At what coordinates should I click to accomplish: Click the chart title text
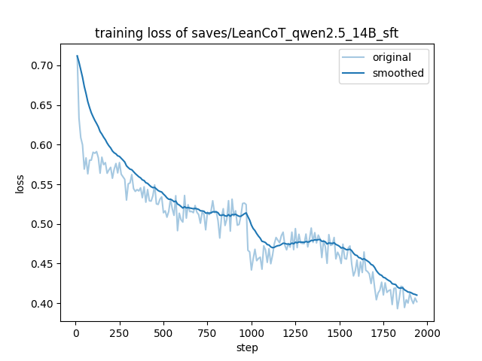(246, 33)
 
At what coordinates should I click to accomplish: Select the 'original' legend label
(392, 57)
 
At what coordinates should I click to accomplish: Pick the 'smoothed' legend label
(398, 73)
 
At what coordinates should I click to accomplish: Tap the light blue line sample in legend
(353, 57)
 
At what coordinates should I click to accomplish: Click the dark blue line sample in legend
(353, 73)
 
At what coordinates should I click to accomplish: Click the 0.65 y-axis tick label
(42, 105)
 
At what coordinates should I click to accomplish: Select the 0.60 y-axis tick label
(42, 145)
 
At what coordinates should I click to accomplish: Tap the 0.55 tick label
(42, 185)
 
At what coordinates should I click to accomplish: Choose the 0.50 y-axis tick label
(42, 224)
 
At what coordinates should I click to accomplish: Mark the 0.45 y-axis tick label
(42, 264)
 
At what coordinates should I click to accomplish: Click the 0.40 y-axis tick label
(42, 304)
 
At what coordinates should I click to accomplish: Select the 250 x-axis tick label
(120, 333)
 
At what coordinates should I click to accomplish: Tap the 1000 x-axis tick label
(252, 333)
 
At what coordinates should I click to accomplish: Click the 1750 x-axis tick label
(383, 333)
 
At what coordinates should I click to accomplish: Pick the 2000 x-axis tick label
(428, 333)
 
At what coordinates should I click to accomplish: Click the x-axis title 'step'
(247, 347)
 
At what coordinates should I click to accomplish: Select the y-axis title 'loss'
(20, 184)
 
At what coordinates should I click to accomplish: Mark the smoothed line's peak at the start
(77, 56)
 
